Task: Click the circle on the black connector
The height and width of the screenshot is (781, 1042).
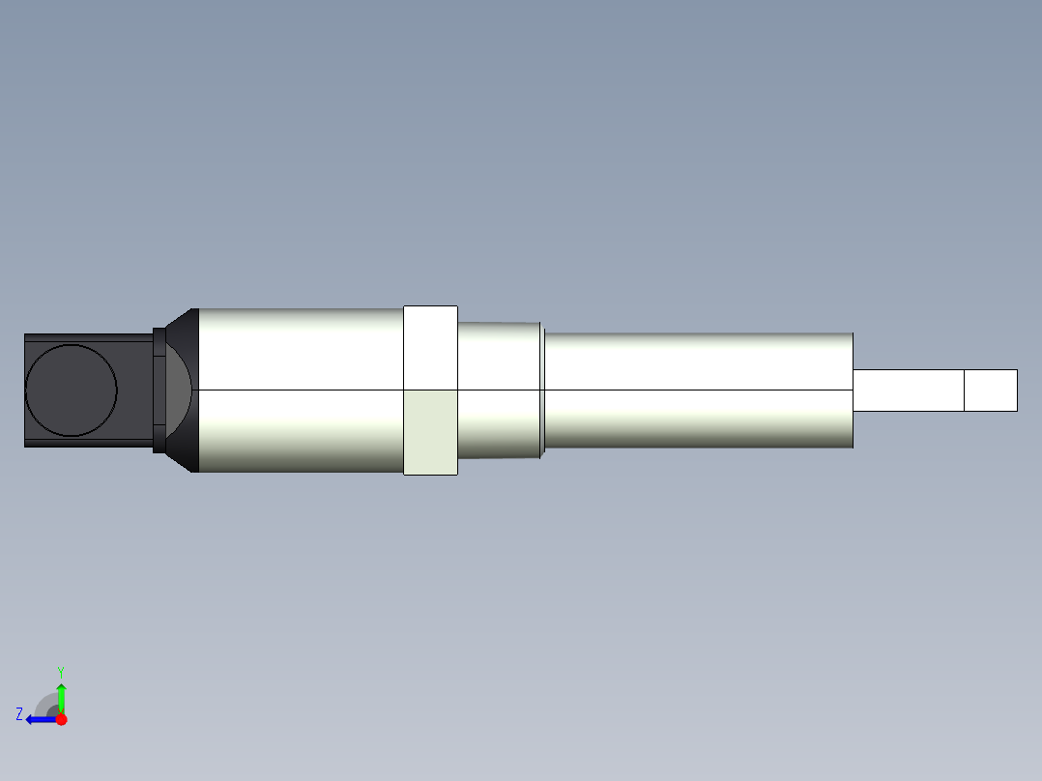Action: click(71, 390)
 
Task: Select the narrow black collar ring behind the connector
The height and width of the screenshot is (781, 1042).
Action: click(159, 390)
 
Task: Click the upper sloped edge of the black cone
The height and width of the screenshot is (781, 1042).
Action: click(182, 318)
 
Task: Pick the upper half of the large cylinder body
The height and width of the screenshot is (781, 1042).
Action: click(300, 349)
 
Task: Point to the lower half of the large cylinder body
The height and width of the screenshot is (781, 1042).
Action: click(300, 431)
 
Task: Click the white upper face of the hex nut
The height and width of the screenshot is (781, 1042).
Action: click(430, 347)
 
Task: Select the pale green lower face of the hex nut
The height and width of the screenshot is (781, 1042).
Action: click(430, 433)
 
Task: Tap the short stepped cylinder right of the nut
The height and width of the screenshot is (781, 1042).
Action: click(498, 390)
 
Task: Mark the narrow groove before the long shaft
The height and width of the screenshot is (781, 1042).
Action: click(543, 390)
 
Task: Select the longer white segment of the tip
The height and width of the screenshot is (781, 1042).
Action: click(908, 390)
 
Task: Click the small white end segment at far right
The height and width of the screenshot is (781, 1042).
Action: click(991, 390)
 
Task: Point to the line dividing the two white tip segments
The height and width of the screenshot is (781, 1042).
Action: click(964, 390)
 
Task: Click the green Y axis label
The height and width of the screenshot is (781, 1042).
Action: click(61, 671)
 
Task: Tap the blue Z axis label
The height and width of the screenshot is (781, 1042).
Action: click(19, 714)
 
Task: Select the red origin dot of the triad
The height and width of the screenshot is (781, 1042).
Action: click(61, 719)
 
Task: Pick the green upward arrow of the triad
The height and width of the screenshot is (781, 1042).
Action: click(61, 696)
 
